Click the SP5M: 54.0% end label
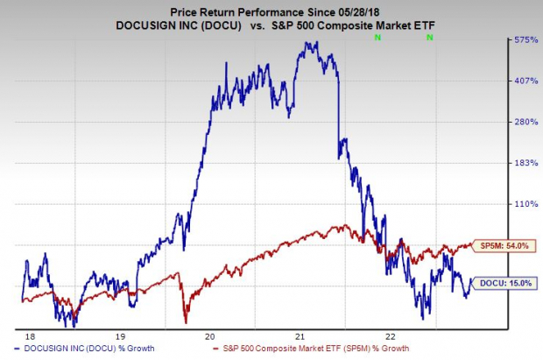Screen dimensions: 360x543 point(503,247)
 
